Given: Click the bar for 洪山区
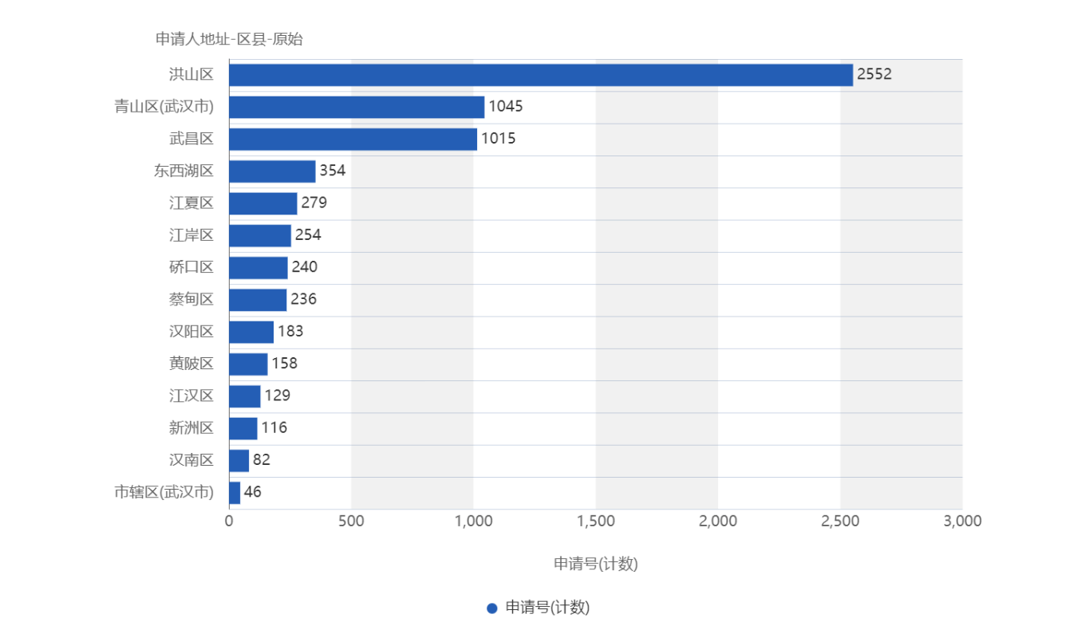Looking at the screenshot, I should pos(541,75).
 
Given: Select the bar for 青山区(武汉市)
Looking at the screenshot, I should pos(357,107).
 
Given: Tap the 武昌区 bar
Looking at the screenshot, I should pos(353,139).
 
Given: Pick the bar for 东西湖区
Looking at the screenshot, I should pos(272,171).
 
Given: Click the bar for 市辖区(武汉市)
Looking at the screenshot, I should pos(235,492).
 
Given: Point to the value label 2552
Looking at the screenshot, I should pos(874,75).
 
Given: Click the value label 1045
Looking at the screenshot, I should pos(505,107).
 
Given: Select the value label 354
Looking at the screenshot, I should pos(332,171).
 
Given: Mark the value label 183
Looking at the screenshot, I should pos(290,332).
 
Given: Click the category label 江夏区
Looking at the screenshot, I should pos(191,203).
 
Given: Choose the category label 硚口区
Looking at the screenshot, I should pos(191,267).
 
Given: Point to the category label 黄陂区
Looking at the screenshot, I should pos(191,364).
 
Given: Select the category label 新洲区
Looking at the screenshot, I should pos(191,428).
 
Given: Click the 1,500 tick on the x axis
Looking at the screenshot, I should pos(595,521).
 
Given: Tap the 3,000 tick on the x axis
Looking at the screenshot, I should pos(962,521).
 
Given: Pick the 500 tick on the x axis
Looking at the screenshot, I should pos(351,521).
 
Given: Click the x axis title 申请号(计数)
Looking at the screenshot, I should pos(595,564).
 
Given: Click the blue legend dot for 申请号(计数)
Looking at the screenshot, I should pos(492,608).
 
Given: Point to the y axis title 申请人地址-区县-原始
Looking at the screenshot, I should pos(229,39).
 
